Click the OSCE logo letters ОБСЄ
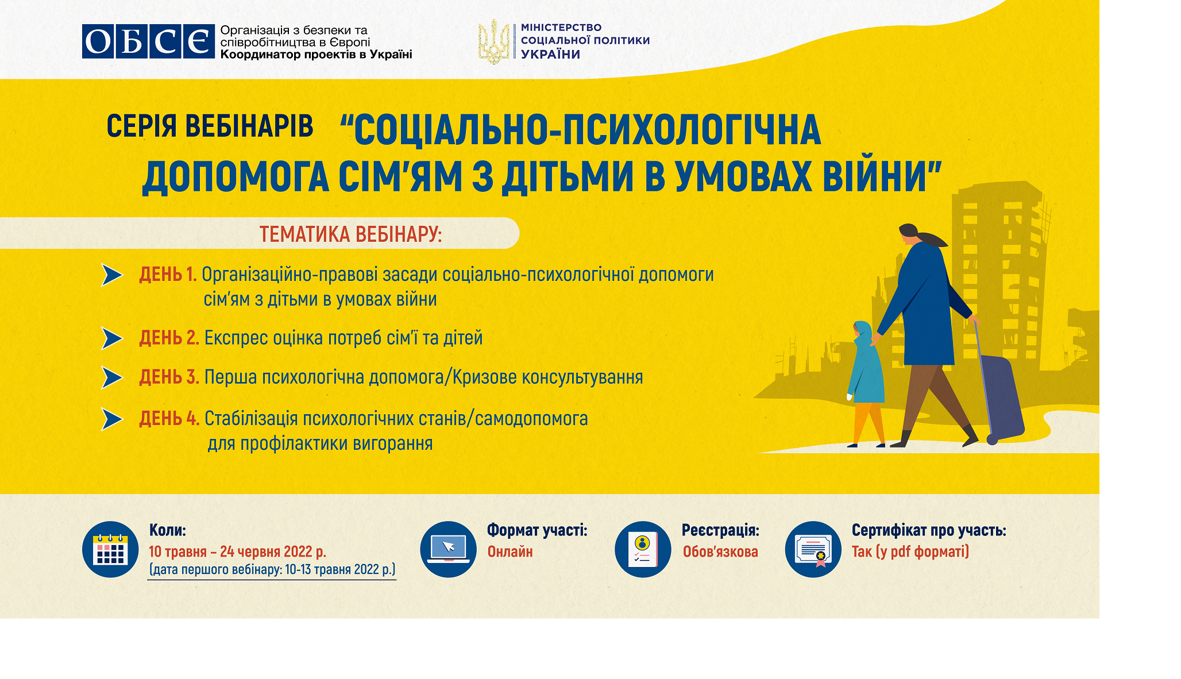148,41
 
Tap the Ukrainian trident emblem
493,41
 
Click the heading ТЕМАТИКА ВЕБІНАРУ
350,234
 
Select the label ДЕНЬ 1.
168,275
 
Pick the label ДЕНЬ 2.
169,338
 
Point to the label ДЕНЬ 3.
169,377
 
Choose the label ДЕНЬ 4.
169,419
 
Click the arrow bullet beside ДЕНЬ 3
112,377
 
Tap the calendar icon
110,549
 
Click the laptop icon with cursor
448,549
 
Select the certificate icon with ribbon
813,549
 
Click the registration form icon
643,549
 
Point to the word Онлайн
510,552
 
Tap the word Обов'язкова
720,552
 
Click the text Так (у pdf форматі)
910,552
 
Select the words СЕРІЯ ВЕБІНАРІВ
210,126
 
